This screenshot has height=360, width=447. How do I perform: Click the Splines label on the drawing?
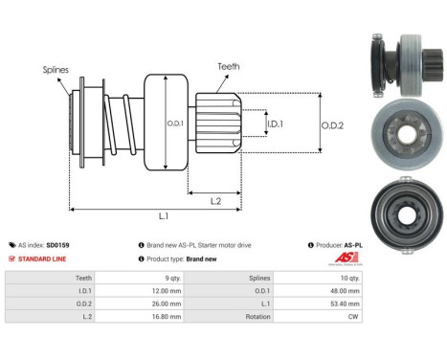click(56, 70)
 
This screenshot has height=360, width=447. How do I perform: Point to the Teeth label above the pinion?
click(229, 66)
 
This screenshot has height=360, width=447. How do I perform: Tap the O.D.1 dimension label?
click(175, 124)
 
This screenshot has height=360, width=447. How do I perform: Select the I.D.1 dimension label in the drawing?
click(275, 124)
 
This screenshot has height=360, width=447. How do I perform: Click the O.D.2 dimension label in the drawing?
click(332, 125)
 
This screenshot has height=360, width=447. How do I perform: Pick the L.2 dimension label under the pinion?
click(215, 201)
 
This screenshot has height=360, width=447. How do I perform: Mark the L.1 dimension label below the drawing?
click(164, 216)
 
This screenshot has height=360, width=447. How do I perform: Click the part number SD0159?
click(57, 245)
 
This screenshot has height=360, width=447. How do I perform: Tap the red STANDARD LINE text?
click(42, 259)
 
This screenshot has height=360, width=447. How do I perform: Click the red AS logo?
click(346, 258)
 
